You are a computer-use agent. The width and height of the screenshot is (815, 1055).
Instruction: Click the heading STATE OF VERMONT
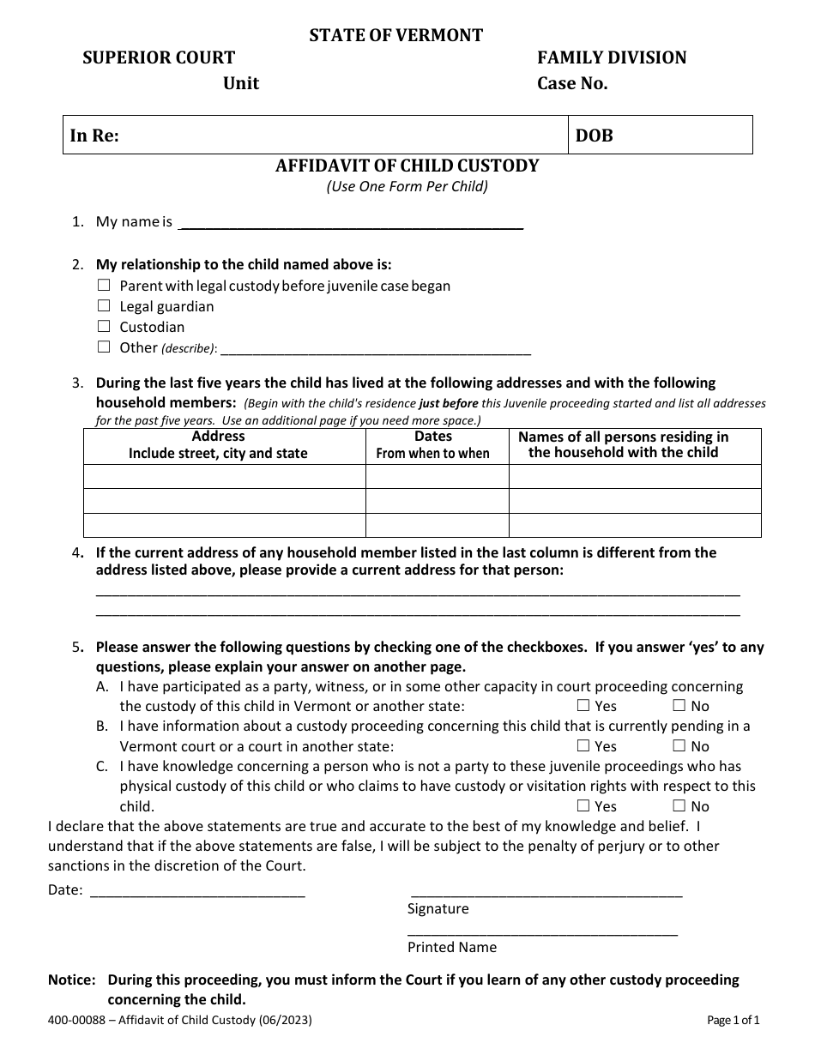395,35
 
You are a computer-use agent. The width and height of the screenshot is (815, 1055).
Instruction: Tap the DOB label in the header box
594,136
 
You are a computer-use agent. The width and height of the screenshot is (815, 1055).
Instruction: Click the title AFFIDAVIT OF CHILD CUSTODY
407,166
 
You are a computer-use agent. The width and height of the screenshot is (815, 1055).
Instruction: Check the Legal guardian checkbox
104,306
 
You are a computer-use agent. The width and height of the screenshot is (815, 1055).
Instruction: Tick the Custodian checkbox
104,327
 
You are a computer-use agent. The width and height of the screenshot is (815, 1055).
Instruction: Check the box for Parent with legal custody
104,286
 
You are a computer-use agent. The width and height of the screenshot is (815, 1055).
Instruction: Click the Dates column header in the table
433,437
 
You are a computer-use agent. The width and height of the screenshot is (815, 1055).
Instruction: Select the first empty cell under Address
225,477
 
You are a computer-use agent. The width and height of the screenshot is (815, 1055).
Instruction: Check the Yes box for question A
583,706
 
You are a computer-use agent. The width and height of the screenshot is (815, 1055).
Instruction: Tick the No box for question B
679,746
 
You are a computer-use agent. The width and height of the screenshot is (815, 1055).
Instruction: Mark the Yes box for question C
583,806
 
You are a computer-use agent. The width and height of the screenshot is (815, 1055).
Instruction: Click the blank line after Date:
197,892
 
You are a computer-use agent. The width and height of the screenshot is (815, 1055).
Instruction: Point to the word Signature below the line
438,909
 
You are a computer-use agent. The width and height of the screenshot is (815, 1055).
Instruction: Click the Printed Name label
451,948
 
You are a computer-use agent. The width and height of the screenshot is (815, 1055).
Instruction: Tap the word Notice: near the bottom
73,980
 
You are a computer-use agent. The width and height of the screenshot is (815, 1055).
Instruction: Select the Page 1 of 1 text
733,1021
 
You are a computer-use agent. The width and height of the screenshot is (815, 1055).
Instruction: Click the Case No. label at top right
572,84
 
